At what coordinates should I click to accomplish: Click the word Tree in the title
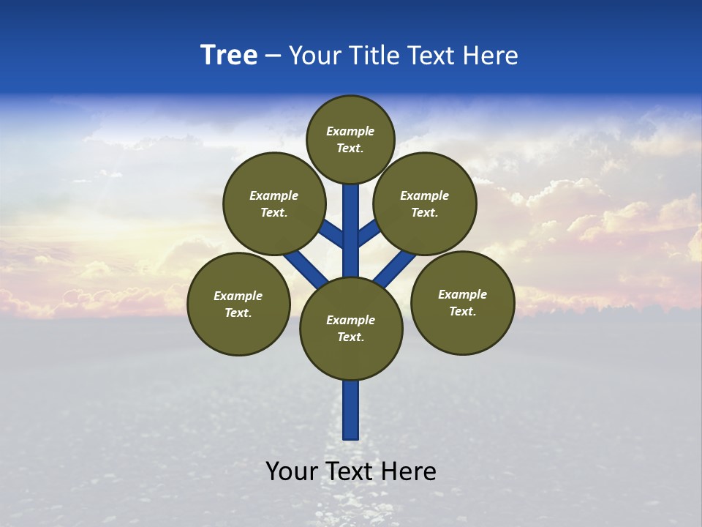[x=229, y=56]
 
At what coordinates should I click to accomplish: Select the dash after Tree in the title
[x=273, y=56]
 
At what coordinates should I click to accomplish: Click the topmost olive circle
[x=350, y=139]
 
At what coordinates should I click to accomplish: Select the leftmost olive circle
[x=238, y=304]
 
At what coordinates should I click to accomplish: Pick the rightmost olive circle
[x=462, y=302]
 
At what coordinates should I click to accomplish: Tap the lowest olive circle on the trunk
[x=351, y=328]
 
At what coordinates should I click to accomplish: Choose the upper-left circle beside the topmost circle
[x=273, y=203]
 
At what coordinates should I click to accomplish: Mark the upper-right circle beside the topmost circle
[x=424, y=203]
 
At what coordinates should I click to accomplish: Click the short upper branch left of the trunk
[x=333, y=234]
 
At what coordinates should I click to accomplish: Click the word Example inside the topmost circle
[x=350, y=132]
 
